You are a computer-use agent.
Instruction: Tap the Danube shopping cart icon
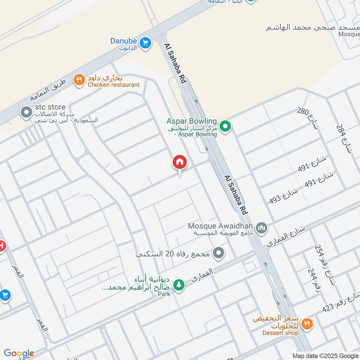tap(145, 43)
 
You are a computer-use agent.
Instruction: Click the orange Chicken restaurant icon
tap(80, 80)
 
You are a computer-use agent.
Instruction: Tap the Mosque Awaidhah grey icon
tap(262, 228)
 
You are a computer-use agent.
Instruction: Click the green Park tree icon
tap(179, 285)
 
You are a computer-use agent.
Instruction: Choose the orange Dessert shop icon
tap(307, 324)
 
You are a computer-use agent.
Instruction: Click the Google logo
tap(19, 353)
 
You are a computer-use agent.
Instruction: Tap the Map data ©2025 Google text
tap(324, 355)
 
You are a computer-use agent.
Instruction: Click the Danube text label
tap(124, 41)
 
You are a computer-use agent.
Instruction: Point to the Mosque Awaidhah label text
tap(220, 225)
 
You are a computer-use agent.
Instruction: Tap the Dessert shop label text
tap(281, 333)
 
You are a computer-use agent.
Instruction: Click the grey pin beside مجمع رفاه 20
tap(219, 254)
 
